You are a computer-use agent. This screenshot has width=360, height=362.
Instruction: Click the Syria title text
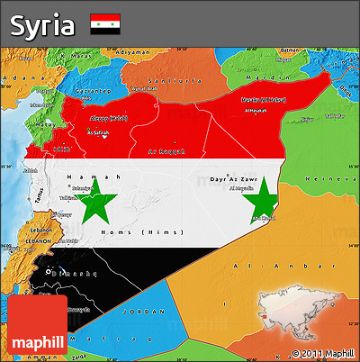(x=42, y=24)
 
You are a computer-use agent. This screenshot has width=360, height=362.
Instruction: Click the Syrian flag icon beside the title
(x=105, y=24)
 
